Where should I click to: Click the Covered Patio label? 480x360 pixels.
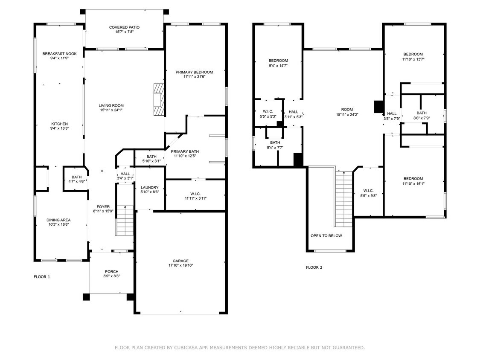124,27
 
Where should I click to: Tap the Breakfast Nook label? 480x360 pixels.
59,54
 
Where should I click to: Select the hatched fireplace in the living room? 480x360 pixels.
159,99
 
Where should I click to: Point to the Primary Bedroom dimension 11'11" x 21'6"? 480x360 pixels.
194,77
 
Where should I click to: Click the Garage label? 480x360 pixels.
180,261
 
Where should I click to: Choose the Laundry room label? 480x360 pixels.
150,187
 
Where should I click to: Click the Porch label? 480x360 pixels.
112,272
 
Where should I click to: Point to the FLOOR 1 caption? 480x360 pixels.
42,277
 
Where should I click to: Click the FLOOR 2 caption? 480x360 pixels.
314,267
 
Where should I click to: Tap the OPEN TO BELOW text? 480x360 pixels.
326,236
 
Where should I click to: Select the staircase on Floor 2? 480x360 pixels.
343,199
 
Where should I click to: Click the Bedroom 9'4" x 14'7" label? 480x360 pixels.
278,61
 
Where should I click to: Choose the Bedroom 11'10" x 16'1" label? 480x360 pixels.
413,179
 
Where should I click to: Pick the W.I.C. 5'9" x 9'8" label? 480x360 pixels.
368,191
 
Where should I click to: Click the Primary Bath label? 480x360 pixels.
185,151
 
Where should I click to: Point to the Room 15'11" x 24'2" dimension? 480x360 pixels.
344,114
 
